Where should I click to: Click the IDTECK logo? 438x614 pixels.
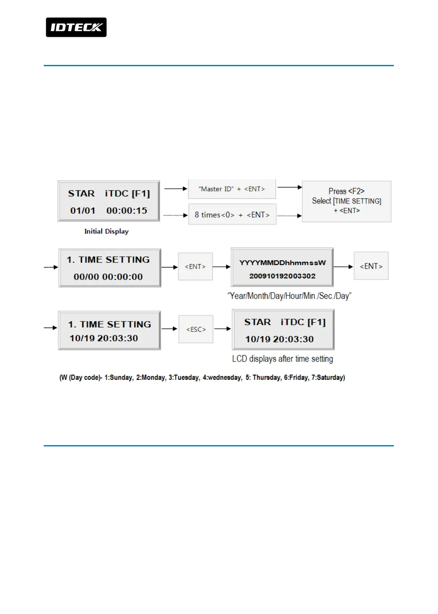[x=76, y=27]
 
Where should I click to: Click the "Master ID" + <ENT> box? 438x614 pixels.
[x=232, y=189]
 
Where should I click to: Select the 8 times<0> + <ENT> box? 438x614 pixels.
[x=232, y=215]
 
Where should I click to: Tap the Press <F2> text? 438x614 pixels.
[x=346, y=191]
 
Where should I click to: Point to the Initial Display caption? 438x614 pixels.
[x=106, y=231]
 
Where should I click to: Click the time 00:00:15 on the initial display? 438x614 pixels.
[x=127, y=211]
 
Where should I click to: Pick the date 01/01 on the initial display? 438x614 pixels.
[x=83, y=211]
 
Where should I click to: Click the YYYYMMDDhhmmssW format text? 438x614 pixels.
[x=282, y=263]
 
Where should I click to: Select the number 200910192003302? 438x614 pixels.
[x=282, y=276]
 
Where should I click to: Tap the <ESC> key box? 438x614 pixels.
[x=196, y=329]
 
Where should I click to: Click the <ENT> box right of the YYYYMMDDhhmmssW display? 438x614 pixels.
[x=371, y=266]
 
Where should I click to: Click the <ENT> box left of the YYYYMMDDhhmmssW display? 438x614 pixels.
[x=195, y=267]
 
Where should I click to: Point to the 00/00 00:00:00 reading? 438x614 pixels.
[x=108, y=277]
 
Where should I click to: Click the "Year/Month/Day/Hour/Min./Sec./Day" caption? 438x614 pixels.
[x=289, y=296]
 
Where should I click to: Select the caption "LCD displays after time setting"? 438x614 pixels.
[x=282, y=359]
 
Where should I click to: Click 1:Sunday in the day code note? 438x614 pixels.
[x=119, y=377]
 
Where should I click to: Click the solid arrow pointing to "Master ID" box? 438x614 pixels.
[x=175, y=189]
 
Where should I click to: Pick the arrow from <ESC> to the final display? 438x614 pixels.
[x=222, y=329]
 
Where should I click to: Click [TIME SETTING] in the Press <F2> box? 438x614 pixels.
[x=357, y=201]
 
